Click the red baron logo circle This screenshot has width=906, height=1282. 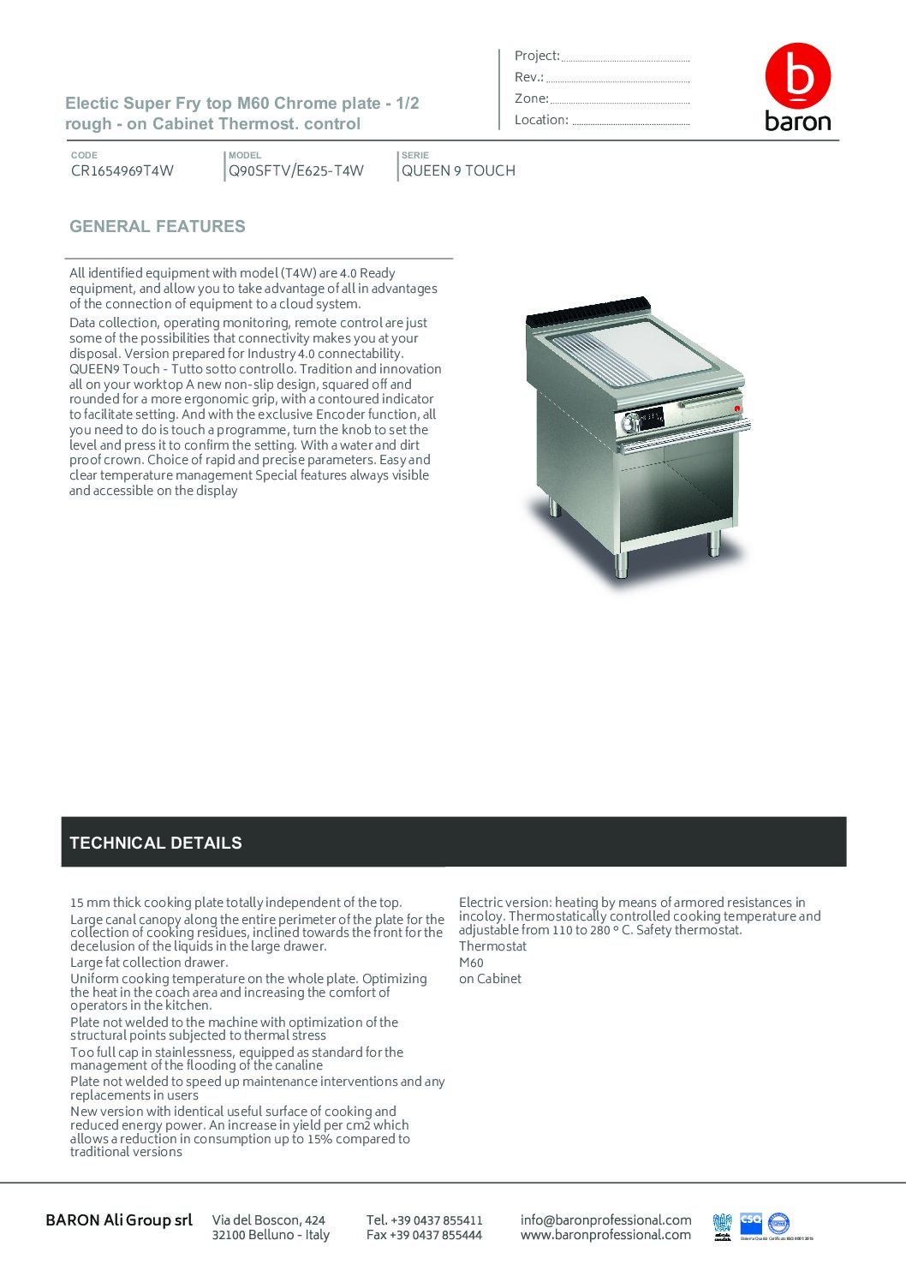pyautogui.click(x=797, y=75)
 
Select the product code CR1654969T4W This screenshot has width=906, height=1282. pyautogui.click(x=122, y=170)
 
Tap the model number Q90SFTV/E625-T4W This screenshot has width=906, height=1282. pyautogui.click(x=296, y=170)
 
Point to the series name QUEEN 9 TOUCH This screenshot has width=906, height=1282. pyautogui.click(x=458, y=170)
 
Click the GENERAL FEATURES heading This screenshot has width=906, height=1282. pyautogui.click(x=158, y=227)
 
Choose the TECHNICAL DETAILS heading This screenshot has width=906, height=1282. pyautogui.click(x=156, y=843)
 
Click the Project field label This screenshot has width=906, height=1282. pyautogui.click(x=537, y=56)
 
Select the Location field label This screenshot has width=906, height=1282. pyautogui.click(x=541, y=120)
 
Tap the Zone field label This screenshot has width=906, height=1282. pyautogui.click(x=531, y=98)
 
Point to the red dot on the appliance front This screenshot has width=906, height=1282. pyautogui.click(x=736, y=408)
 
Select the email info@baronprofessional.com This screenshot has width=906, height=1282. pyautogui.click(x=605, y=1219)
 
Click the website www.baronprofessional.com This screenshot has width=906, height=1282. pyautogui.click(x=605, y=1235)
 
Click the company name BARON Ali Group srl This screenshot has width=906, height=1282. pyautogui.click(x=119, y=1219)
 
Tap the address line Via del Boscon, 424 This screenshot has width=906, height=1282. pyautogui.click(x=269, y=1219)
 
